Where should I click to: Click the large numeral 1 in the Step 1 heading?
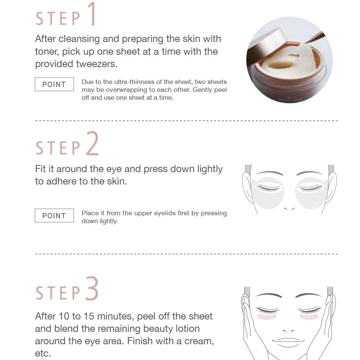(x=92, y=14)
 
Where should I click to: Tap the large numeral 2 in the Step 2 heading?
(x=92, y=144)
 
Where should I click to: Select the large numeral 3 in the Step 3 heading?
(x=92, y=288)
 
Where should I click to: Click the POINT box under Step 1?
(x=54, y=84)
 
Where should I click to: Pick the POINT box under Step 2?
(x=54, y=215)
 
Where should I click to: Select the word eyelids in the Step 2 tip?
(x=165, y=213)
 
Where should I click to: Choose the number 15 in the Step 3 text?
(x=88, y=316)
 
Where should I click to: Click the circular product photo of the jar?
(x=289, y=60)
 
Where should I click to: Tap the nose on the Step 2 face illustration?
(x=289, y=209)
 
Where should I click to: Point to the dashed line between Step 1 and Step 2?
(x=186, y=120)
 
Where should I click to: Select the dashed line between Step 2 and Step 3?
(x=186, y=254)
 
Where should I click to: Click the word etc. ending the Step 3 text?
(x=43, y=353)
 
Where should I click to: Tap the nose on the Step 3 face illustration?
(x=288, y=331)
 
